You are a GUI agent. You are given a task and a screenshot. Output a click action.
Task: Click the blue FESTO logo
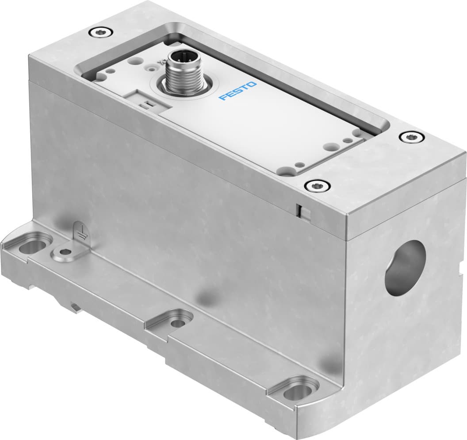(238, 91)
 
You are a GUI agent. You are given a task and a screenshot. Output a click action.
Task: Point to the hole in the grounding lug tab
(65, 252)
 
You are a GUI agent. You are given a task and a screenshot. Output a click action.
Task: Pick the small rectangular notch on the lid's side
(299, 210)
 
